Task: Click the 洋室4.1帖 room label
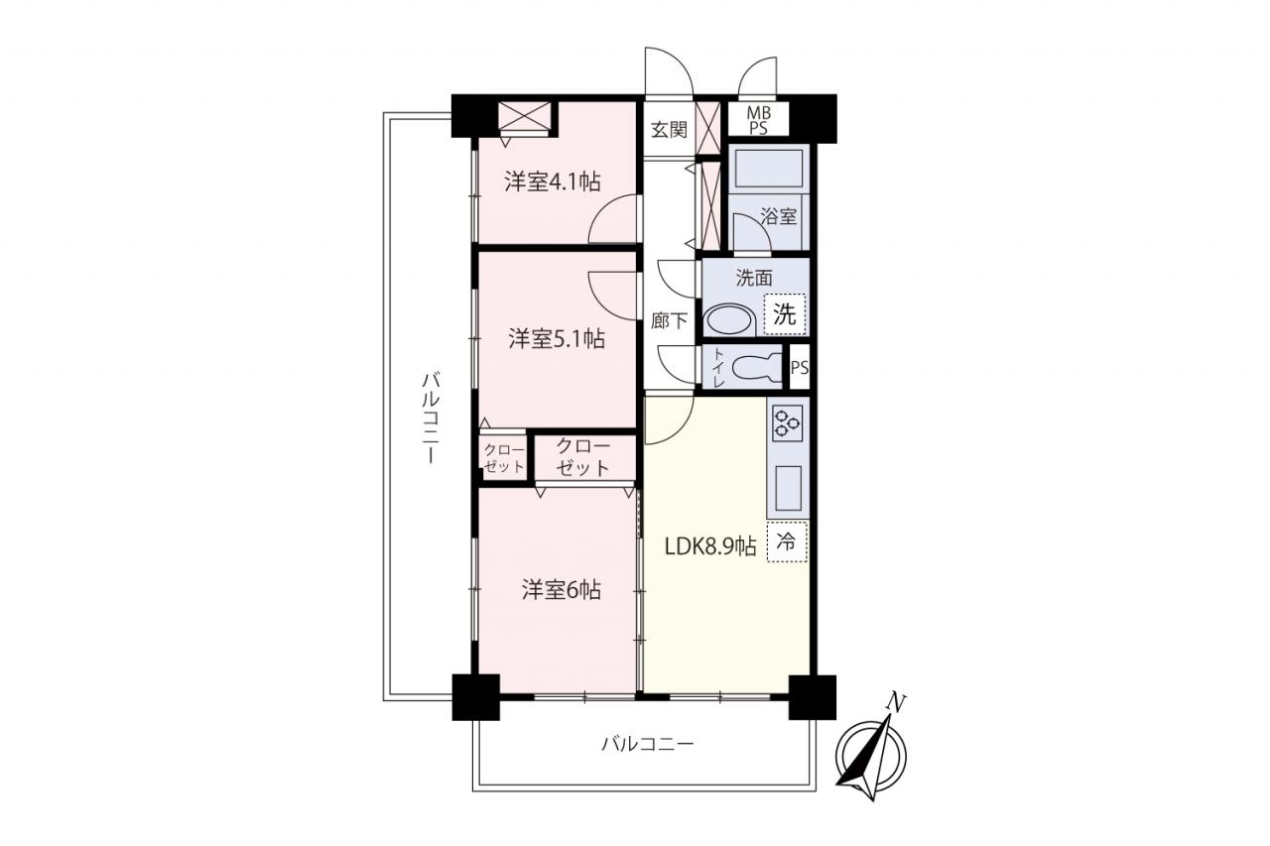point(553,182)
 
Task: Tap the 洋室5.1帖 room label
point(557,339)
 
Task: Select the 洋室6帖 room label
point(562,590)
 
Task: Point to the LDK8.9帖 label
point(710,546)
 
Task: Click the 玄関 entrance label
point(669,130)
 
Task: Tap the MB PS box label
point(758,120)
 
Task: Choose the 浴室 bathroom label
point(778,216)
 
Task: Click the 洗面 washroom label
point(754,278)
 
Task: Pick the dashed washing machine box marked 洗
point(785,314)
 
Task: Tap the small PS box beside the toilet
point(800,367)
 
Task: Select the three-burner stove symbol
point(788,423)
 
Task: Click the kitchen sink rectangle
point(788,488)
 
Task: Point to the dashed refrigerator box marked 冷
point(787,542)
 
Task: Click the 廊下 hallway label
point(669,321)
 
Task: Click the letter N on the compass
point(895,702)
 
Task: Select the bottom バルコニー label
point(648,744)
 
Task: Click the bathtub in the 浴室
point(769,169)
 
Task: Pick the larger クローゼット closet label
point(583,456)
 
